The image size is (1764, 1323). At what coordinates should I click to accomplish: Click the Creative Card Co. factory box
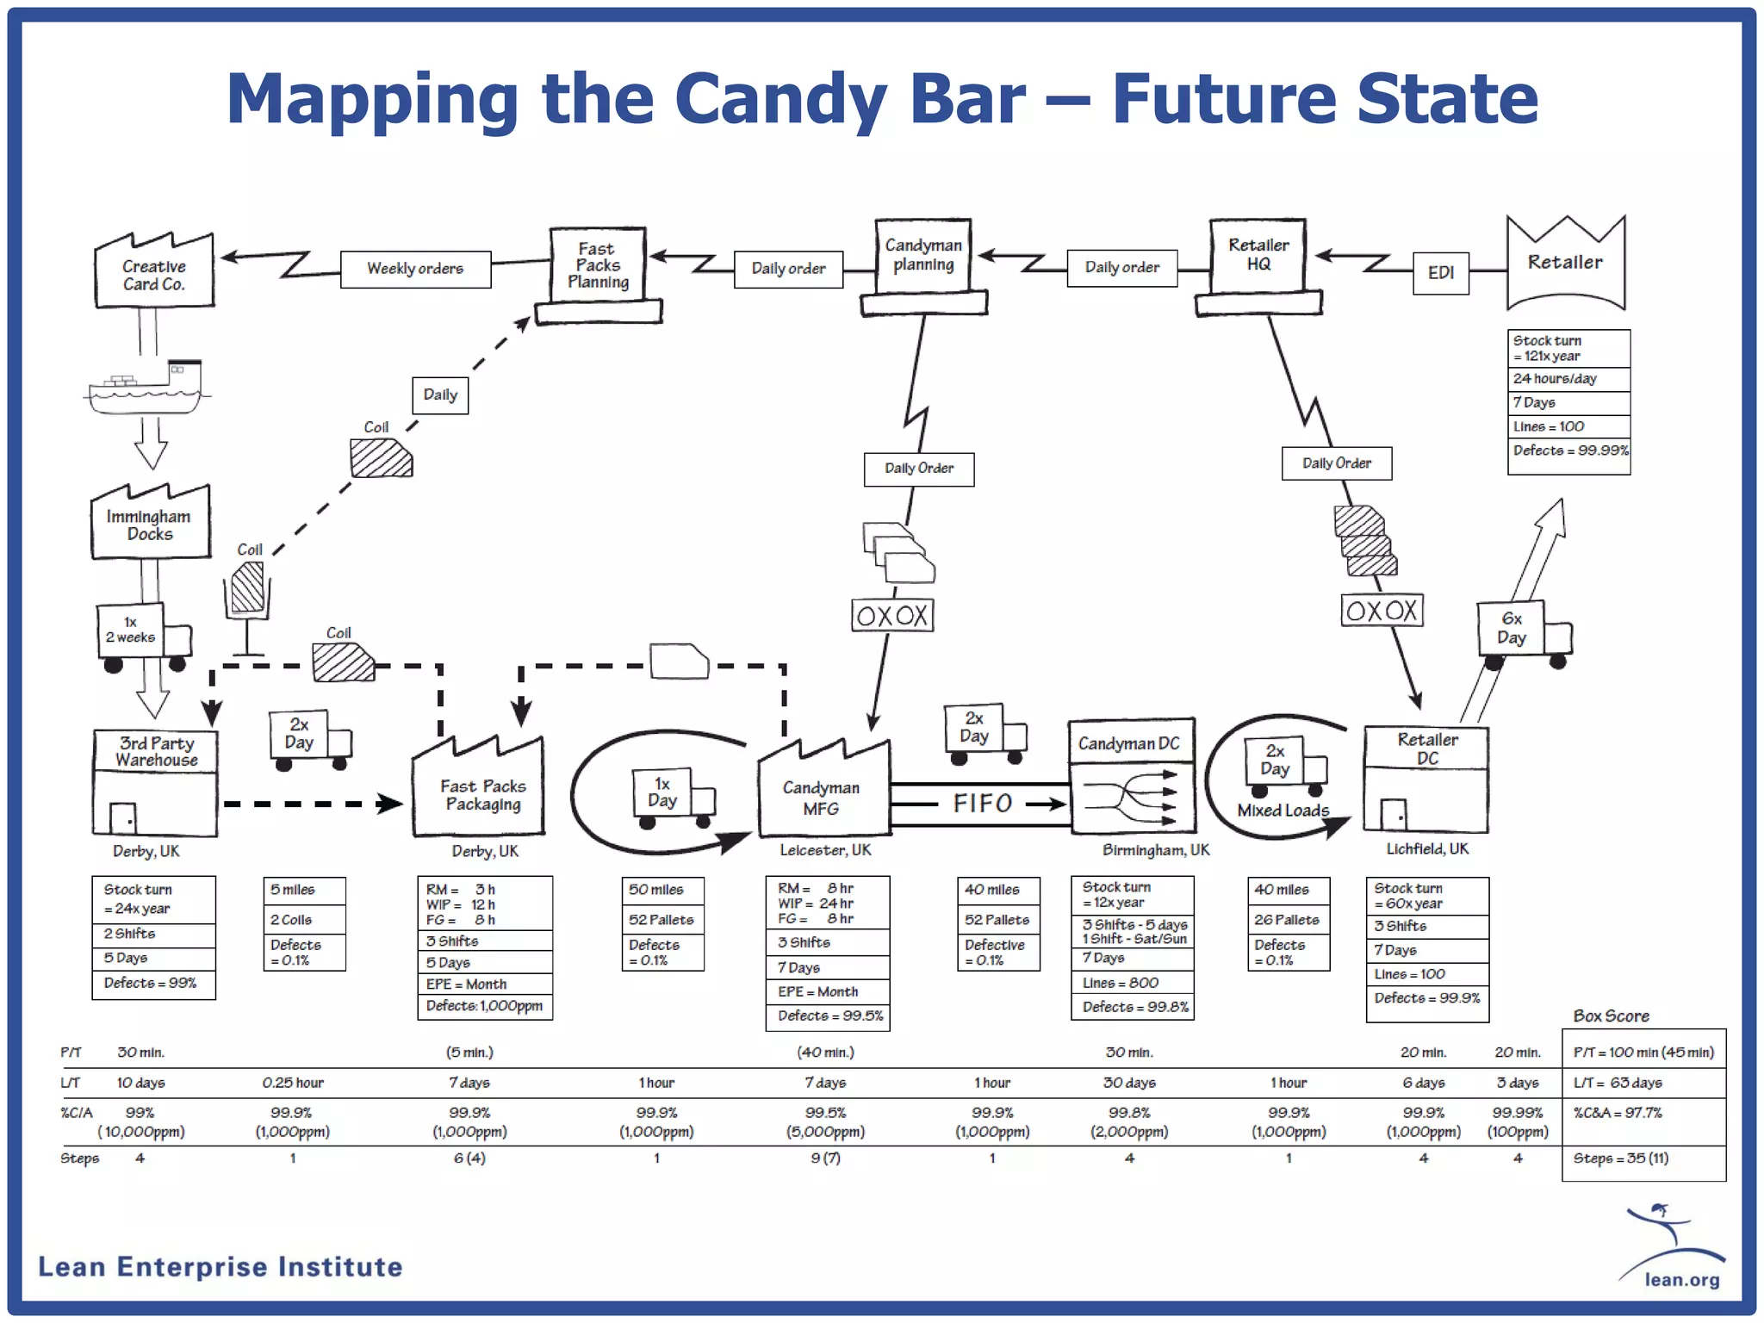point(153,275)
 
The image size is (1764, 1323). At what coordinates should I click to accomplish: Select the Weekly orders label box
point(415,269)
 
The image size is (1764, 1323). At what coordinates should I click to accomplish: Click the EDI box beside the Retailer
point(1440,273)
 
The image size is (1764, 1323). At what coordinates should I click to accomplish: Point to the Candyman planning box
point(923,256)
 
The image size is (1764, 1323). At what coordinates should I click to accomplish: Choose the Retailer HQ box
point(1258,256)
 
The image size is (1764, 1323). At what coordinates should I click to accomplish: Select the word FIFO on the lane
point(982,804)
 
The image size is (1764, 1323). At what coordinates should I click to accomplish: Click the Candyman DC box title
point(1129,743)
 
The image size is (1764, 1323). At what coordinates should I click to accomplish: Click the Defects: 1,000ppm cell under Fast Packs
point(484,1006)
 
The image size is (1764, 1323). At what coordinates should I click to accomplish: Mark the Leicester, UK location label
point(825,850)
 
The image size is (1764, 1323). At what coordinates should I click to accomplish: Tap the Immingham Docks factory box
point(150,525)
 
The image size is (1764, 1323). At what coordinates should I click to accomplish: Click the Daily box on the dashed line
point(440,395)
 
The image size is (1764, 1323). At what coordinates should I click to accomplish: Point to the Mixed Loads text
point(1283,811)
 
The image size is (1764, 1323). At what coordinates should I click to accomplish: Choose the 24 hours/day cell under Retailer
point(1568,379)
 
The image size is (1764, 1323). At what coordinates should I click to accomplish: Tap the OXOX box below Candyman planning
point(892,616)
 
